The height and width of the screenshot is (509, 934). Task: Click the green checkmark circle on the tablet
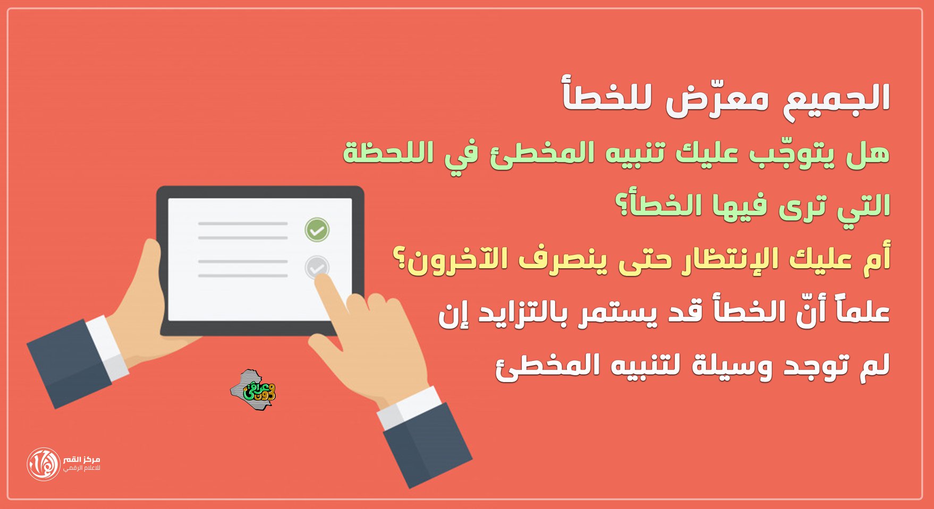[317, 230]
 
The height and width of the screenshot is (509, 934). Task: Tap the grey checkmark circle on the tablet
[317, 268]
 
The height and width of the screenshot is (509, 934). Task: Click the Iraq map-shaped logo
[253, 391]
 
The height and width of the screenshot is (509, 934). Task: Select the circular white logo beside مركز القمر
[44, 464]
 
